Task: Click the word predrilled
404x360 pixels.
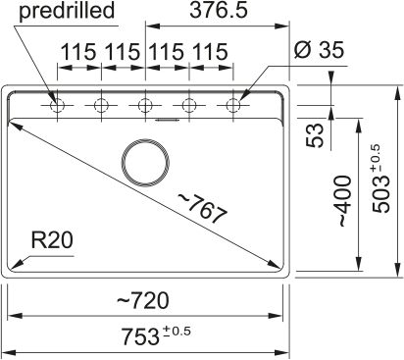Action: point(67,11)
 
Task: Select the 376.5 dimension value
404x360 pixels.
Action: point(219,10)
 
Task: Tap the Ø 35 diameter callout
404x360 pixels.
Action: point(319,50)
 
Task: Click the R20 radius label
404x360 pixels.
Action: point(52,240)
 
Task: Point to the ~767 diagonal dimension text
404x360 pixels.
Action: point(202,209)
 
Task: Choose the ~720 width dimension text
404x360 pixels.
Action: point(143,300)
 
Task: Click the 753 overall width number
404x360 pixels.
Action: point(140,336)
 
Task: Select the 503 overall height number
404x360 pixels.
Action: point(381,193)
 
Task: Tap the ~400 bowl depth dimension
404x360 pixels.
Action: point(344,201)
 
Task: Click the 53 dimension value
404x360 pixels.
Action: point(315,135)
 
